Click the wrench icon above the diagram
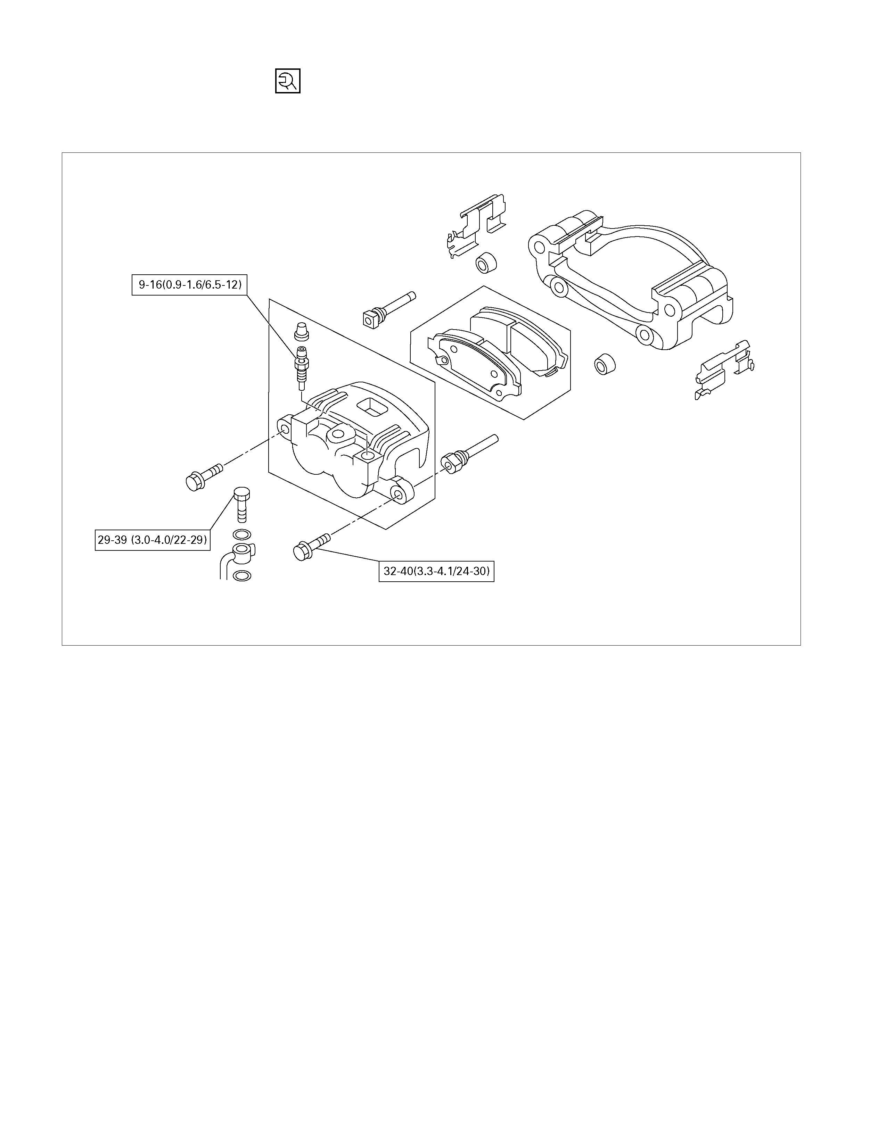pos(288,81)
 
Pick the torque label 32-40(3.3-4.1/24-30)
pos(436,571)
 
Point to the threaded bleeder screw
pos(302,368)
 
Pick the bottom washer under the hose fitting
pos(241,576)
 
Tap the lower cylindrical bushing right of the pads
pos(605,364)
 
